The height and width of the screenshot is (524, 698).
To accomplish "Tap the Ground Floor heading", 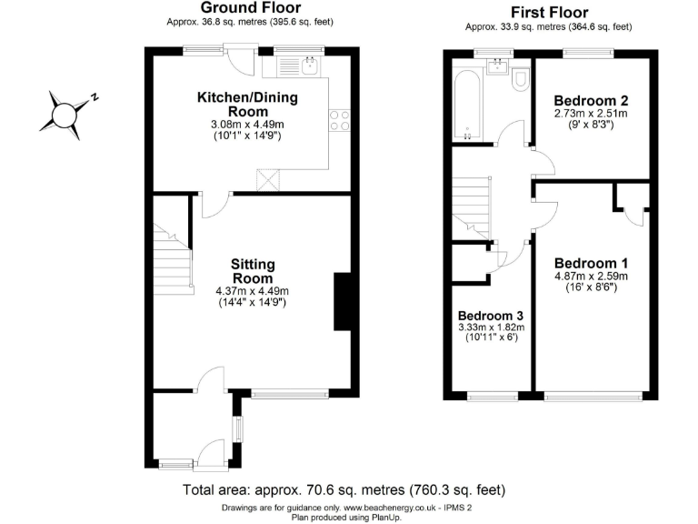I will pos(251,8).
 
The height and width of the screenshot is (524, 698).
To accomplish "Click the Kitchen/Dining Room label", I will pos(248,104).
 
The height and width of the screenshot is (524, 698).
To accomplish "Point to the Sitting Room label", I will pos(253,271).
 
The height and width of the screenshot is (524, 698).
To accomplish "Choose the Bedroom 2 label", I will pos(592,100).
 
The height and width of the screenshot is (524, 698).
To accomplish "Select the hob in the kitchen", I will pos(340,120).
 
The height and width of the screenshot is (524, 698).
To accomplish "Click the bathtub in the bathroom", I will pos(465,106).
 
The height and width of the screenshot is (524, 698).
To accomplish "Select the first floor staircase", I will pos(472,206).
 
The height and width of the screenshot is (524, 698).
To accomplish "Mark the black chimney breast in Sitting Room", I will pos(343,301).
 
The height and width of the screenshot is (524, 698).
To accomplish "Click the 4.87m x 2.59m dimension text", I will pos(592,276).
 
